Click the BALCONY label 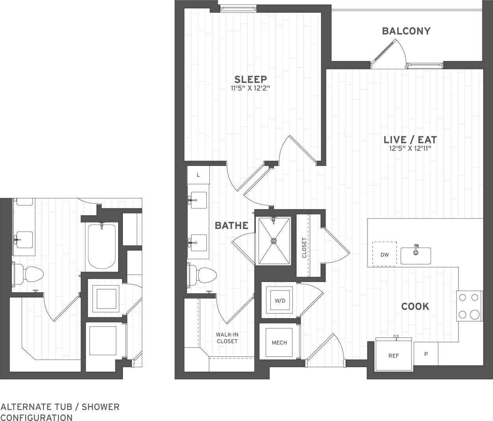406,31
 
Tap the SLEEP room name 251,79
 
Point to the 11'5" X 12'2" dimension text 251,88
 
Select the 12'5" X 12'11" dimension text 410,148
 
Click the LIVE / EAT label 410,139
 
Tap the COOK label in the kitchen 415,306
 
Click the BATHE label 231,226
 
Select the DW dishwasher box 385,254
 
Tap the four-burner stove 469,306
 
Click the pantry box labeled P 426,354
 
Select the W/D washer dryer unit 280,300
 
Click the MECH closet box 279,342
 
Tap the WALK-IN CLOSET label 227,338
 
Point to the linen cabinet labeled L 198,175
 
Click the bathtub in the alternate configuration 101,246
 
